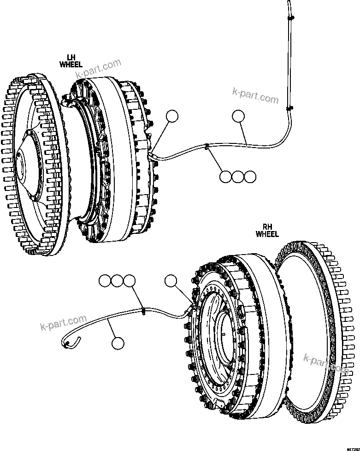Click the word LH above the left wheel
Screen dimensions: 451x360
[x=71, y=58]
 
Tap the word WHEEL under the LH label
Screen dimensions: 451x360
[x=71, y=65]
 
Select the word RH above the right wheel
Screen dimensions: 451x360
[x=267, y=227]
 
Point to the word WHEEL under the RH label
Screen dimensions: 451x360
[x=267, y=234]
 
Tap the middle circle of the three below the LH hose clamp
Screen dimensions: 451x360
[x=237, y=177]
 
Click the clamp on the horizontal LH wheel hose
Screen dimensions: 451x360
[x=207, y=148]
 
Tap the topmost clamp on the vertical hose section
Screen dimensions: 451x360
[x=290, y=18]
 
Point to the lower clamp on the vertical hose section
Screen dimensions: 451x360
[x=289, y=109]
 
